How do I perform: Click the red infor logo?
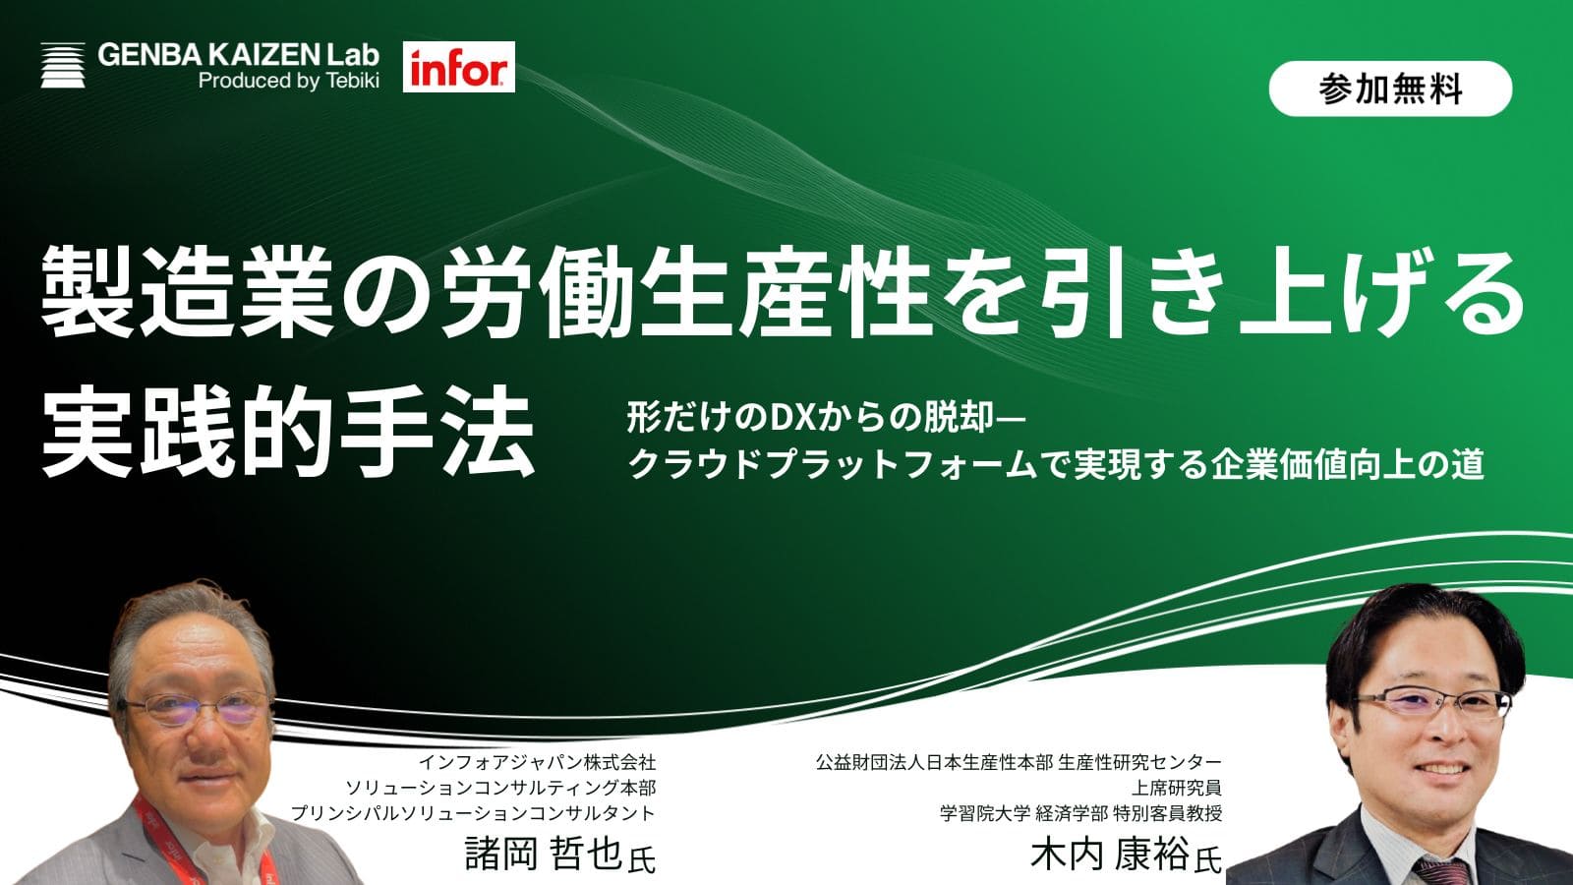pos(458,67)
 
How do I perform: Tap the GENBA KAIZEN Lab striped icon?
pos(63,65)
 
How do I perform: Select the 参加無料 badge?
pos(1390,88)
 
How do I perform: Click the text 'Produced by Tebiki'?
pos(289,81)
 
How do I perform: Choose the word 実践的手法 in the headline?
pos(288,432)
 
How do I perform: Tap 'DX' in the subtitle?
pos(791,419)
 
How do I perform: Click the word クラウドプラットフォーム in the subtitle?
pos(832,465)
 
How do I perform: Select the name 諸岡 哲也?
pos(544,855)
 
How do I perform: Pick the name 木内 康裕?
pos(1110,855)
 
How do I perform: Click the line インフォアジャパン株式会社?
pos(537,761)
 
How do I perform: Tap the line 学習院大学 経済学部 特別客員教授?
pos(1080,813)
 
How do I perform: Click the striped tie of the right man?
pos(1438,871)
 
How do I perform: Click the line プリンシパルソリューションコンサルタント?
pos(473,813)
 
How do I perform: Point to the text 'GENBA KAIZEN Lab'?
pos(239,54)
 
